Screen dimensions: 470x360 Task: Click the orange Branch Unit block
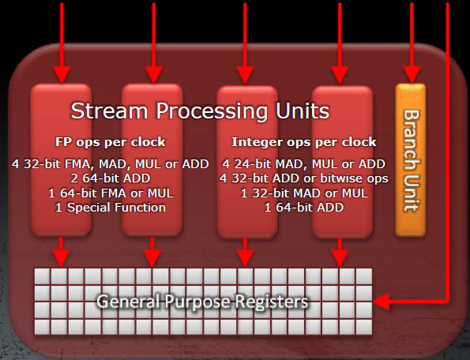pos(410,160)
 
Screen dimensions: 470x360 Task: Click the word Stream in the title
pos(109,111)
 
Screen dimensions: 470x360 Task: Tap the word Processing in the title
pos(212,111)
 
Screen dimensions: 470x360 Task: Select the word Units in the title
pos(303,111)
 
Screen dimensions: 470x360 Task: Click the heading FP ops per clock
pos(111,142)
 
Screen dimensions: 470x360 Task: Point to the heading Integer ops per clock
pos(304,142)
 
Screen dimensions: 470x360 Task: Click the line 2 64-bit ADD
pos(111,178)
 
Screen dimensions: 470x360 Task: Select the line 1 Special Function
pos(111,208)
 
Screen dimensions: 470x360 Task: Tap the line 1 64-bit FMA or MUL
pos(111,193)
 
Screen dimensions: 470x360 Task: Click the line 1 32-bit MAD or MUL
pos(304,193)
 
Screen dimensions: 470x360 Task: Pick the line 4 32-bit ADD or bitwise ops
pos(304,178)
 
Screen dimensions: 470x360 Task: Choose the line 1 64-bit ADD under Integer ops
pos(304,208)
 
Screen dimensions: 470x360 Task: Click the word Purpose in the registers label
pos(197,302)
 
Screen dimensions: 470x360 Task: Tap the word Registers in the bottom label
pos(271,302)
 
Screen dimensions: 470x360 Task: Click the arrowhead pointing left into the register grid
pos(382,302)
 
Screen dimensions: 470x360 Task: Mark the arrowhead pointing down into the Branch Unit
pos(412,75)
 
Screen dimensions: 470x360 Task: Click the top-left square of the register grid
pos(42,276)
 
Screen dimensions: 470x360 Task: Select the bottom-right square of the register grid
pos(364,327)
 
